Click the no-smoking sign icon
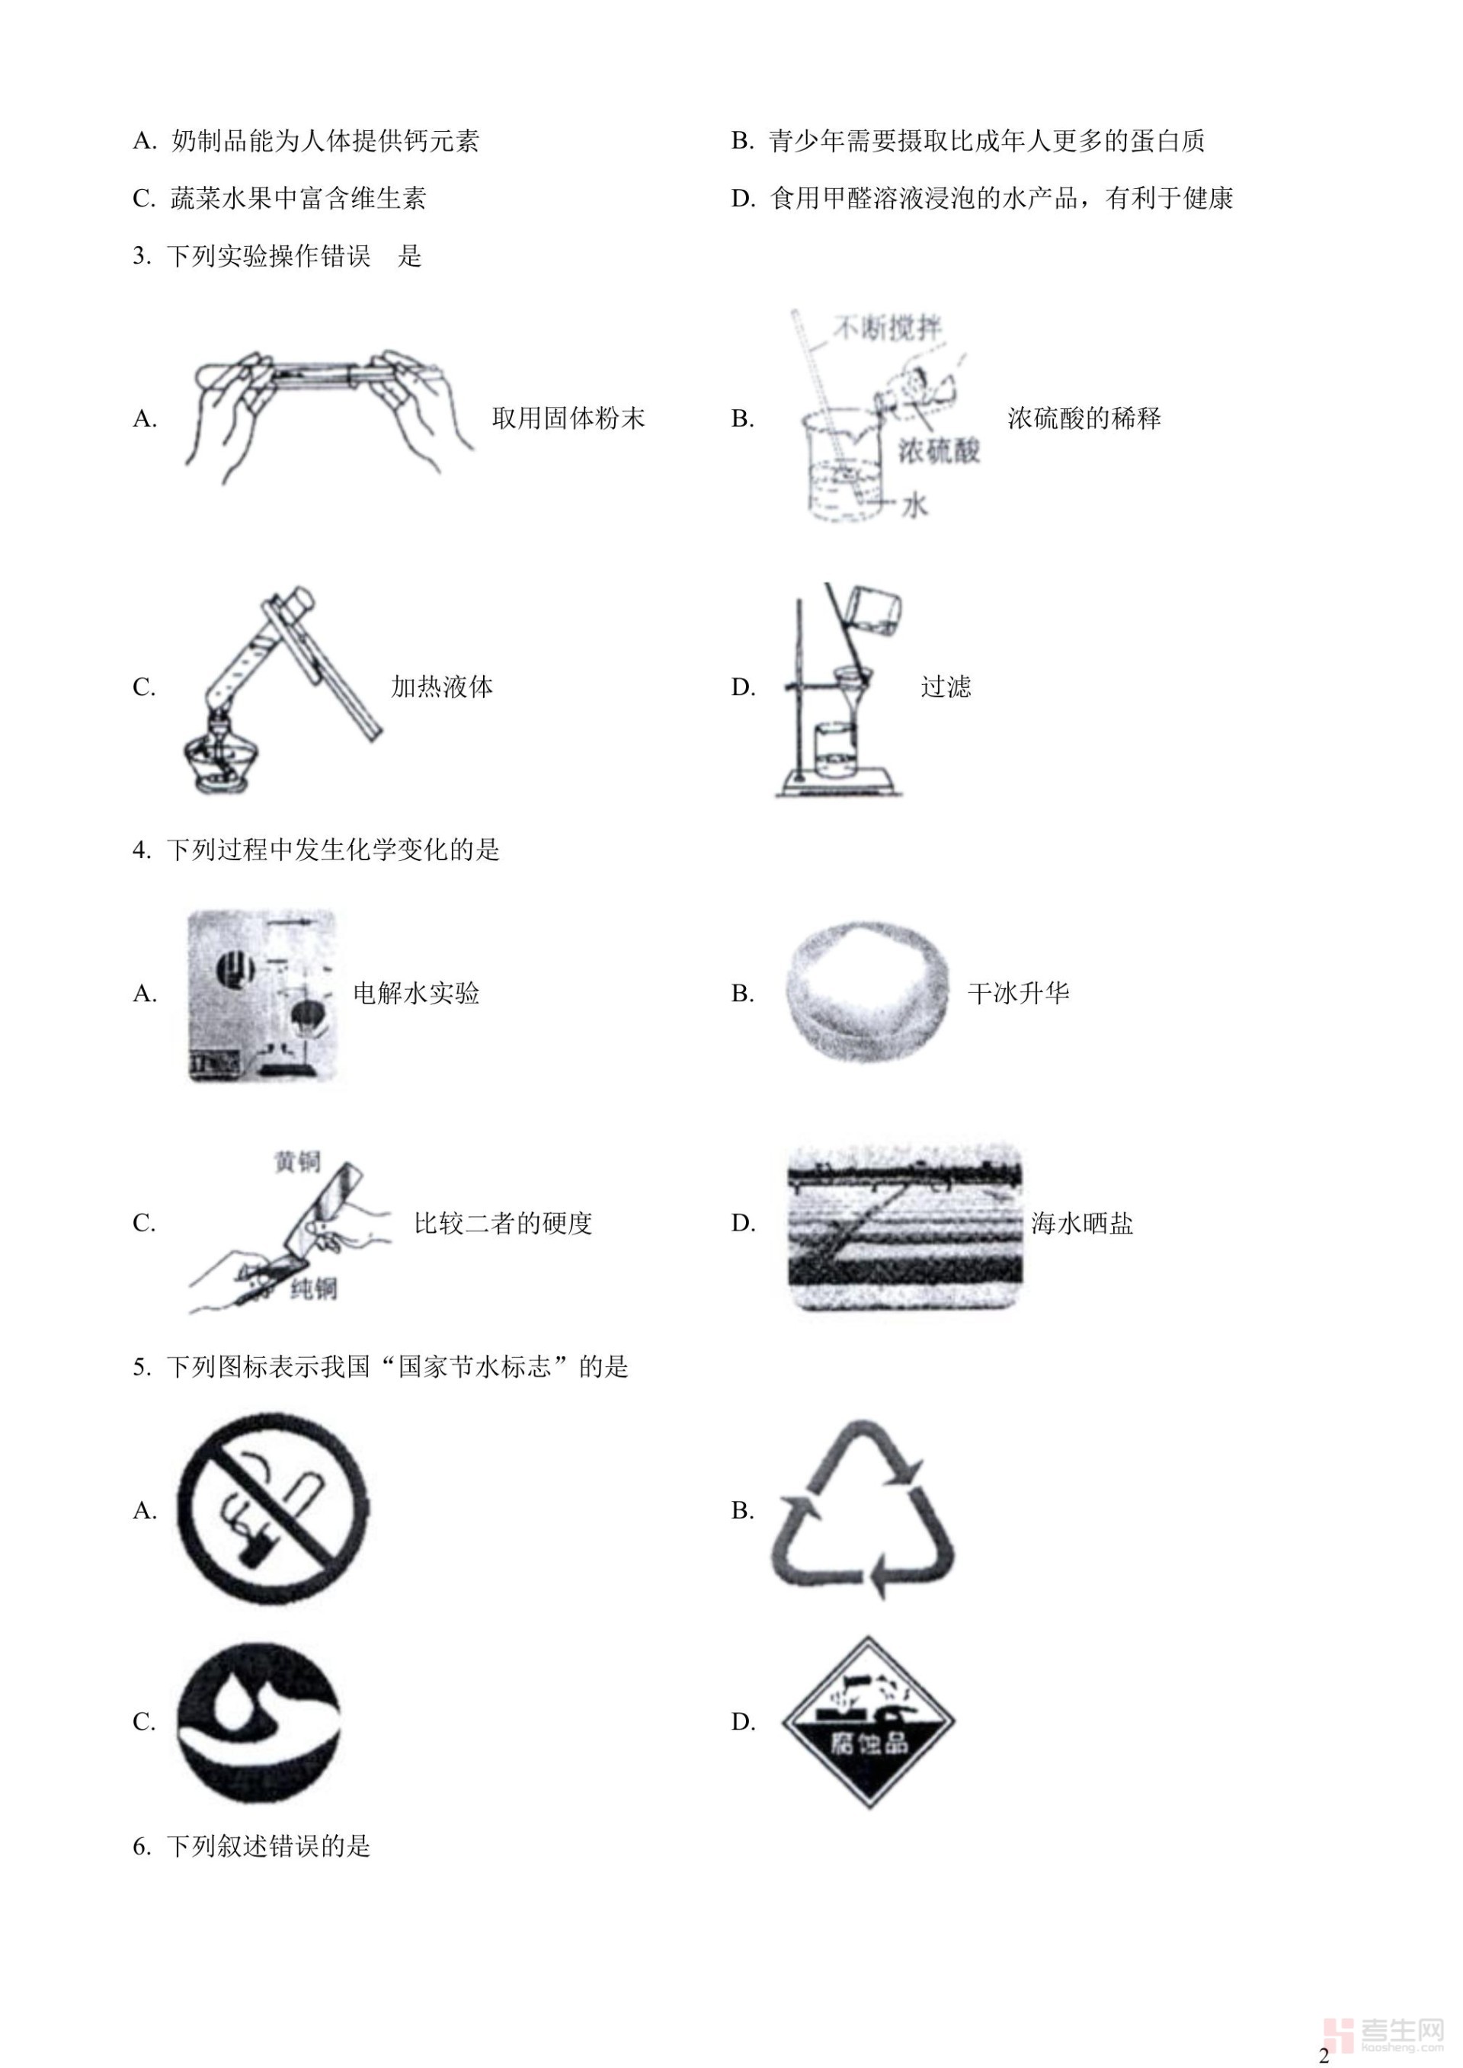(272, 1508)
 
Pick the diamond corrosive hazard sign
(869, 1721)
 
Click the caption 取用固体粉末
(568, 418)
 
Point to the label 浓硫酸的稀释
(1084, 418)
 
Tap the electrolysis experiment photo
(262, 995)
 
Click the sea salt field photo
(904, 1228)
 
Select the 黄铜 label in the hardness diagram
(296, 1162)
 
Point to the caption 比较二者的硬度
(503, 1222)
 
